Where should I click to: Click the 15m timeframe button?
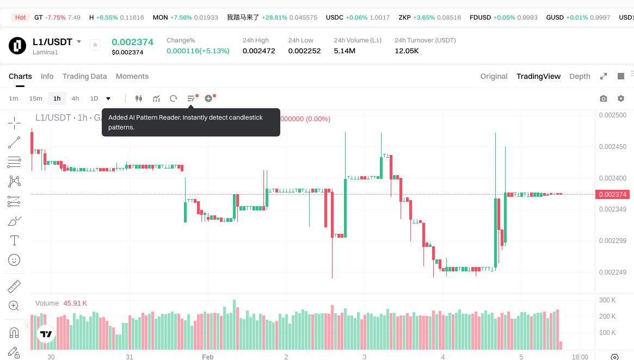click(x=35, y=98)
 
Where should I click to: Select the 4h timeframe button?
click(x=75, y=98)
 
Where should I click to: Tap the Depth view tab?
click(x=580, y=76)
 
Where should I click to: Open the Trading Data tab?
click(x=84, y=76)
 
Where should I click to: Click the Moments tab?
click(x=132, y=76)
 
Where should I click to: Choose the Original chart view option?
click(x=494, y=76)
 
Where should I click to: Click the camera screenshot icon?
click(x=603, y=98)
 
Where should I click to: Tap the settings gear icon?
click(x=620, y=98)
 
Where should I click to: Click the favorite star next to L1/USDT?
click(x=95, y=45)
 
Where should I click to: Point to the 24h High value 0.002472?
click(x=258, y=51)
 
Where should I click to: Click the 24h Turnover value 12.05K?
click(x=407, y=51)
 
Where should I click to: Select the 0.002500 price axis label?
click(x=612, y=115)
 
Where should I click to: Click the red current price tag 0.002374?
click(x=612, y=194)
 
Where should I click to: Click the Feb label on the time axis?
click(x=207, y=357)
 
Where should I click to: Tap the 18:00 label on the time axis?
click(x=580, y=357)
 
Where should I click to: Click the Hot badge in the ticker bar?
click(x=20, y=17)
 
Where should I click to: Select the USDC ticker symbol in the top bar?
click(x=334, y=17)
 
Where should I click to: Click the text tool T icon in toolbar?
click(x=14, y=240)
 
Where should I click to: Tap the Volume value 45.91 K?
click(x=75, y=303)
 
